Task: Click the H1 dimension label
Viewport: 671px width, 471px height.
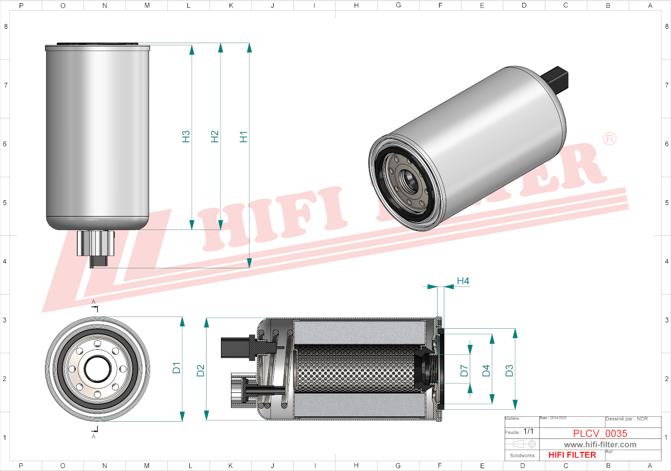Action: (243, 137)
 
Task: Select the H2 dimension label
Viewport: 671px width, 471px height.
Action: (215, 137)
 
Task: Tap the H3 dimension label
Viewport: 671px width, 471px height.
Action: (186, 137)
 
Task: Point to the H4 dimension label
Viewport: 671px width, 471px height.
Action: (463, 281)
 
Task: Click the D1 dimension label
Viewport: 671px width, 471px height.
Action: (176, 368)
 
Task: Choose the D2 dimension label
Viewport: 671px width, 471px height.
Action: (200, 370)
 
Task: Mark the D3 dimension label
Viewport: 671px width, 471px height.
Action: (509, 370)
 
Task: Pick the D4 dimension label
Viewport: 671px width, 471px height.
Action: (486, 370)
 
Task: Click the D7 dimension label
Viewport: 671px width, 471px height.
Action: (464, 370)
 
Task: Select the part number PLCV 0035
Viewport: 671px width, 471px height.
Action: (600, 433)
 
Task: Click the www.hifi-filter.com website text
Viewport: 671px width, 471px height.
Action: (600, 445)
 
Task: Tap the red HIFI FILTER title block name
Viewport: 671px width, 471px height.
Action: (572, 455)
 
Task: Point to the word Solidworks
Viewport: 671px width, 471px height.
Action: (522, 456)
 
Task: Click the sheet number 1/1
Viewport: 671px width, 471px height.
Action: (528, 431)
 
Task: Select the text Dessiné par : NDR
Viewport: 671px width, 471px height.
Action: (626, 419)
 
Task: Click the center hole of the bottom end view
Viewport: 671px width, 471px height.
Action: (98, 369)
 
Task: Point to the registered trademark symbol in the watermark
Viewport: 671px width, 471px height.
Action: (610, 139)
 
